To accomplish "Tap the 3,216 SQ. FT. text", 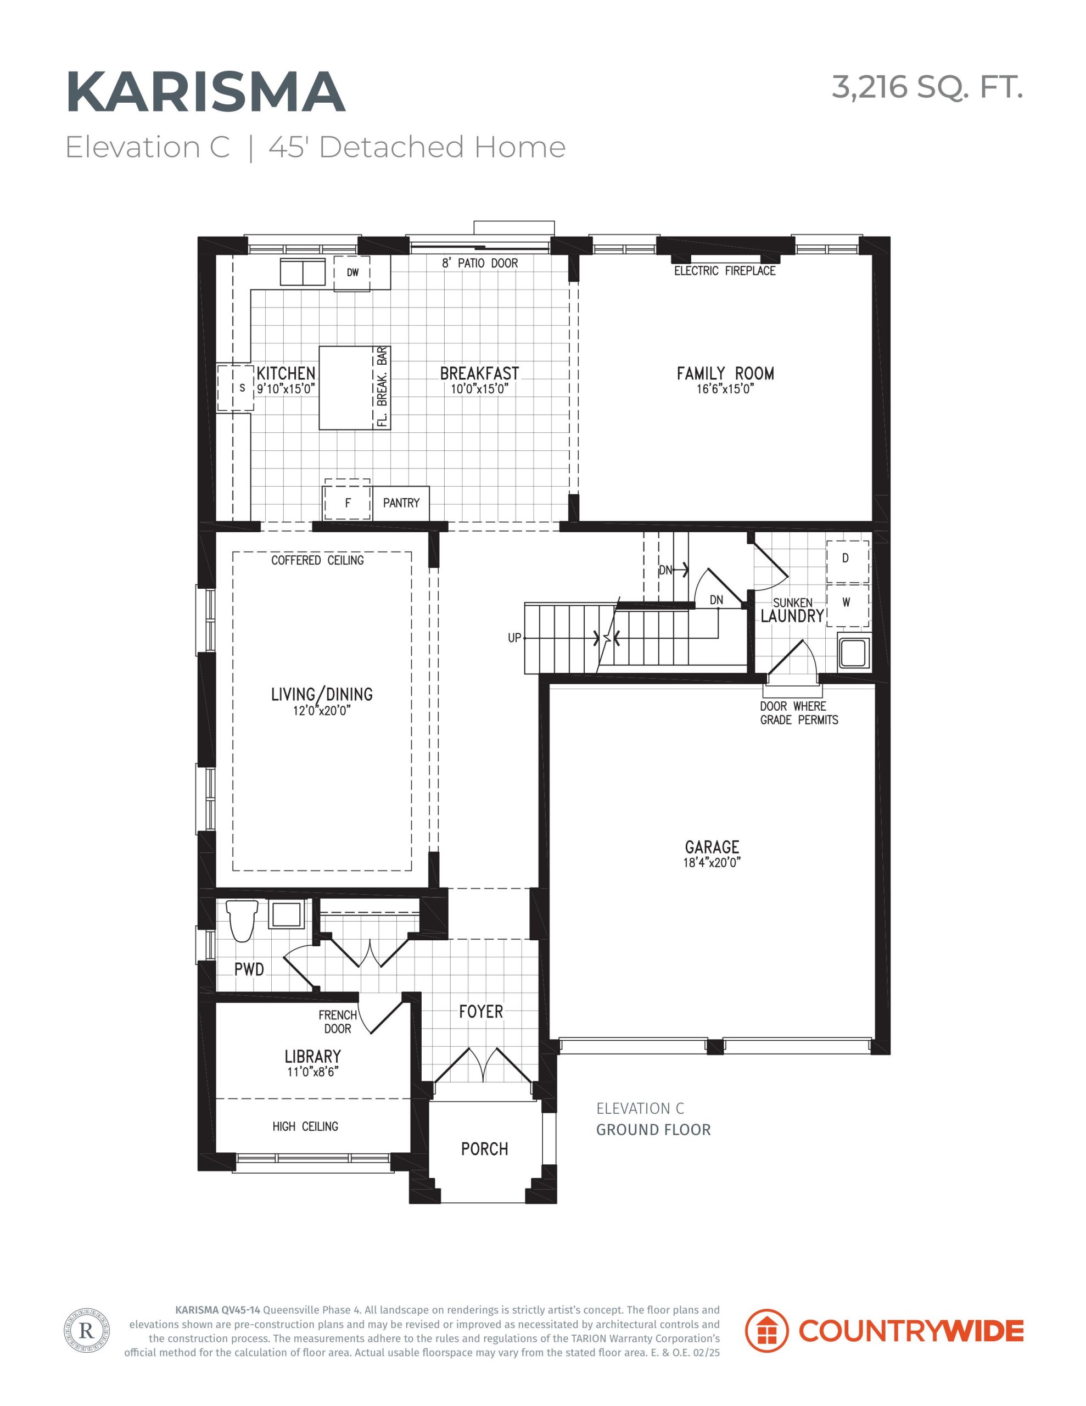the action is coord(927,87).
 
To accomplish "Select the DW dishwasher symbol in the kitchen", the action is coord(352,273).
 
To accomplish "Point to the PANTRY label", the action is coord(401,503).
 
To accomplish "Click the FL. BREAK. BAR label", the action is coord(382,387).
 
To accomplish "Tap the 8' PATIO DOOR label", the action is coord(480,263).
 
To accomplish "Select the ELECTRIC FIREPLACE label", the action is coord(725,271).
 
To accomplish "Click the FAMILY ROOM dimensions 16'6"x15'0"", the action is coord(725,389).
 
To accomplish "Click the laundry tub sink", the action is coord(854,652).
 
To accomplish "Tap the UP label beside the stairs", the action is coord(514,638).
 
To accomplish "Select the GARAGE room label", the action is coord(712,847).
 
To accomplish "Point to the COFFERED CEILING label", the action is coord(317,560).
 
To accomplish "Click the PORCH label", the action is coord(485,1149).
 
